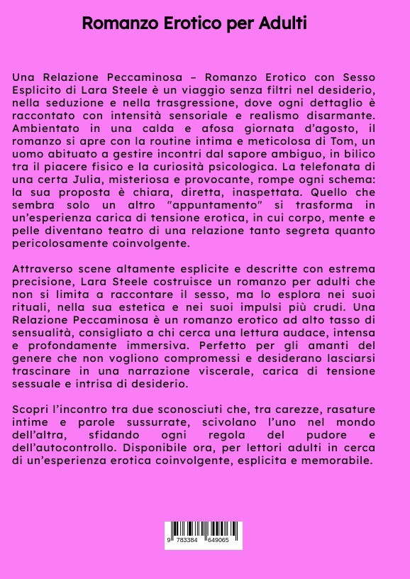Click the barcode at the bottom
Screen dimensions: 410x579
[x=204, y=535]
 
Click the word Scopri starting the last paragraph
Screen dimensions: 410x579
[x=31, y=409]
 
